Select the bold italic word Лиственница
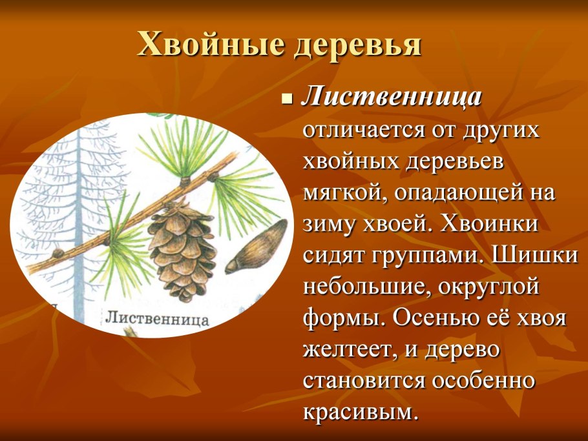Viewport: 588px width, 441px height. [392, 97]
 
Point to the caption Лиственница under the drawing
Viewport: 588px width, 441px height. [156, 318]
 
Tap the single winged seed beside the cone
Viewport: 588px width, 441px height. [257, 247]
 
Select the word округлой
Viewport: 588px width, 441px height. [478, 287]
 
